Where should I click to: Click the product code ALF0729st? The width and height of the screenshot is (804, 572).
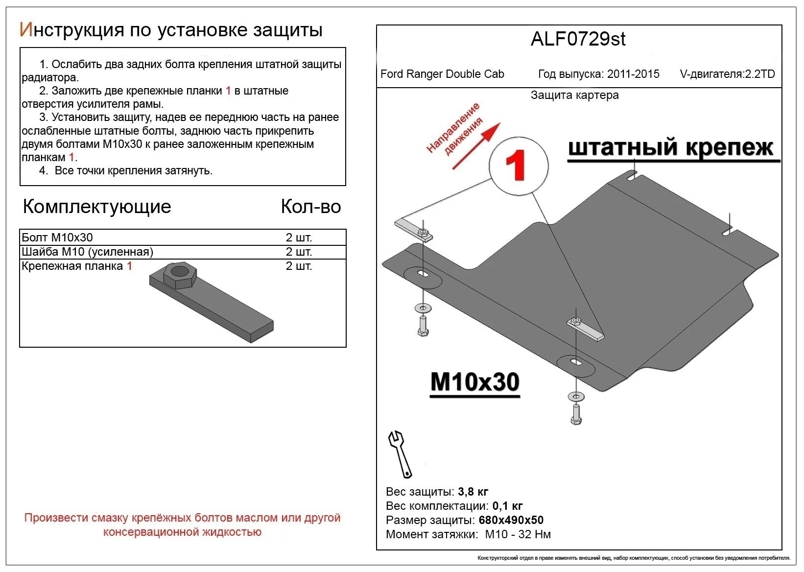point(578,39)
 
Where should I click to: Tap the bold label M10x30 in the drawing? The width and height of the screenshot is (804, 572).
point(474,382)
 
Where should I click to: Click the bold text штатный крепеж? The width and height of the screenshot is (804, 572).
point(671,147)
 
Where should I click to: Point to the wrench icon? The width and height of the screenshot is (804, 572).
point(400,453)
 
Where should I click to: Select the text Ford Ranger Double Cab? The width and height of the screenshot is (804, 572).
point(442,74)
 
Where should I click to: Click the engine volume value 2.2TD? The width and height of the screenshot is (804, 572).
point(759,74)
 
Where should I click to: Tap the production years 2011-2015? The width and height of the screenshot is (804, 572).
point(633,74)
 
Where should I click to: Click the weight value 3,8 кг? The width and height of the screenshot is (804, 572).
point(473,491)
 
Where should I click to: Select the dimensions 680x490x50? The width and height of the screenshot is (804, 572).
point(510,520)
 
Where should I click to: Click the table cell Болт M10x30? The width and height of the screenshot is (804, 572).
point(57,238)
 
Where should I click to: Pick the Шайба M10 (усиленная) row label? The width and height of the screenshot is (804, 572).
point(88,252)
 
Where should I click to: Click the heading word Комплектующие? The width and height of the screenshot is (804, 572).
point(97,207)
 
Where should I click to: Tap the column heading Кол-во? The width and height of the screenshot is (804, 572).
point(310,207)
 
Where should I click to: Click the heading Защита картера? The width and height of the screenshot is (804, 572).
point(574,95)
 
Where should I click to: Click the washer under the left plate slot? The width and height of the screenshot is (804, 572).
point(423,308)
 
